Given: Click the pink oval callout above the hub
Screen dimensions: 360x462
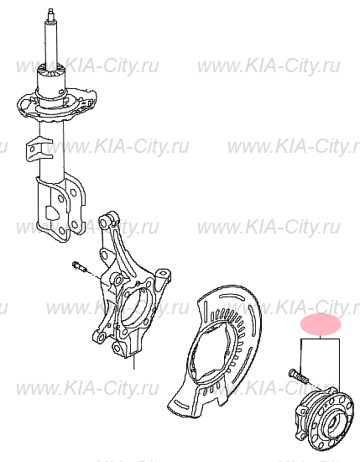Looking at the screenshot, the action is click(x=321, y=324).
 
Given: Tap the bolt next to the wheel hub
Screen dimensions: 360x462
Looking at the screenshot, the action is click(x=299, y=376).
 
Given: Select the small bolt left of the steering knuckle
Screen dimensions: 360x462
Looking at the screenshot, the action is click(x=79, y=265).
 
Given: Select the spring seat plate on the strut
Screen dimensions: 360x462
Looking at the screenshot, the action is click(x=57, y=105).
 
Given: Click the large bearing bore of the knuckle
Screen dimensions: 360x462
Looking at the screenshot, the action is click(x=136, y=308).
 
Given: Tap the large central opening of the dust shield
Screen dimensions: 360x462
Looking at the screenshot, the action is click(x=211, y=352).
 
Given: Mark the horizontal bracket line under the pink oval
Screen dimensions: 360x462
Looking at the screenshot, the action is click(x=320, y=339).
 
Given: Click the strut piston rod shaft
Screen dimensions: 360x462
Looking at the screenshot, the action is click(x=52, y=45).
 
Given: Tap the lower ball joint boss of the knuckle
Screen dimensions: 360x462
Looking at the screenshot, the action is click(x=118, y=349).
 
